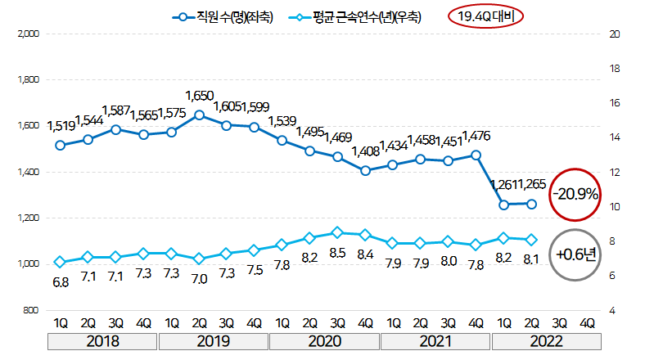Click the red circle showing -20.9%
(x=575, y=195)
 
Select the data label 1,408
(x=364, y=151)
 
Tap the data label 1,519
(x=61, y=127)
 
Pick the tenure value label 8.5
(x=337, y=254)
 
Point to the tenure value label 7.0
(x=199, y=278)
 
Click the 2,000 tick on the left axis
(x=28, y=34)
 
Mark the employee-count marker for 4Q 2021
(x=476, y=155)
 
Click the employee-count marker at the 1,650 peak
(x=199, y=115)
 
